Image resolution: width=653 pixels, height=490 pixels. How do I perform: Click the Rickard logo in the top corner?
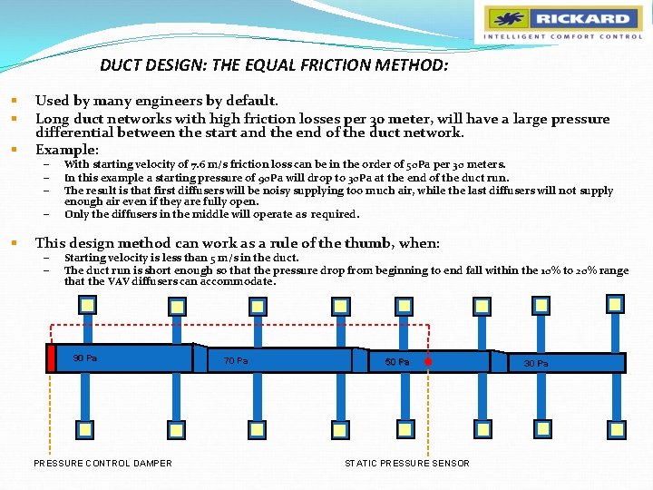pos(561,19)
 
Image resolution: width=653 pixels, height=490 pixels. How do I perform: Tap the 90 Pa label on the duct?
pos(85,358)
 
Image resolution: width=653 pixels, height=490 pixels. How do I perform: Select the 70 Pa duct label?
pos(236,361)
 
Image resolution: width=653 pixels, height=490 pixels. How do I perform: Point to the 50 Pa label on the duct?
pos(396,362)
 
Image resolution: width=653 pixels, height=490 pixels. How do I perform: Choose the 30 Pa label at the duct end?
pos(535,363)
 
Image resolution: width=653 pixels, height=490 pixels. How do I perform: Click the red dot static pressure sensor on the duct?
pos(427,361)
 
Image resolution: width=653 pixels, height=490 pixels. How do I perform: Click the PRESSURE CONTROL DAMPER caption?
pos(102,464)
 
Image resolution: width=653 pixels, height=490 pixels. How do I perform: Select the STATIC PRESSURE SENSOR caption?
pos(407,464)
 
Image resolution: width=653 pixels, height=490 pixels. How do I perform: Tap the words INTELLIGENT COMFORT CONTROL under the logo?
pos(562,37)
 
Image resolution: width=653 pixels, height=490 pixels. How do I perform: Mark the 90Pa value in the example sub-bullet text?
pos(271,178)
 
